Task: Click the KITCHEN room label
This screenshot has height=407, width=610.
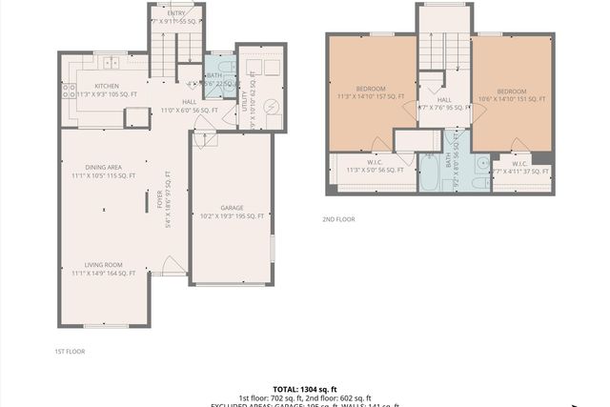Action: (99, 86)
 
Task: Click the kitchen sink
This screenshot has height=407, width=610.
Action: (112, 64)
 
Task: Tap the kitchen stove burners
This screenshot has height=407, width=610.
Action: (69, 92)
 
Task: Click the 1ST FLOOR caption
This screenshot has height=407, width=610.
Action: (70, 352)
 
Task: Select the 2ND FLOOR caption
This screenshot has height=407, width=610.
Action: (338, 219)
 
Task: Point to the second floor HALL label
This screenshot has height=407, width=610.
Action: (444, 100)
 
